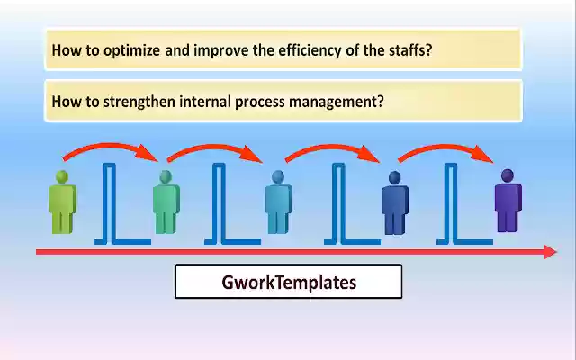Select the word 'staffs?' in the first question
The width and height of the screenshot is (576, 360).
(408, 50)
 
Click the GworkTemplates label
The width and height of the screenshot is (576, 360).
(288, 282)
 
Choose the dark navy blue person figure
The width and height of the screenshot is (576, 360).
(394, 204)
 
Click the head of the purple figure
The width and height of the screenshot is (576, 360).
(508, 175)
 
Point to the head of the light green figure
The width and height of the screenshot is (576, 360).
(62, 176)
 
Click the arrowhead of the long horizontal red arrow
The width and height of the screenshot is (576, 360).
(550, 252)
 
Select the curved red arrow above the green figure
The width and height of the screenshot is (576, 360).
(108, 148)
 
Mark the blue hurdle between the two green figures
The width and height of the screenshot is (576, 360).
(112, 205)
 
